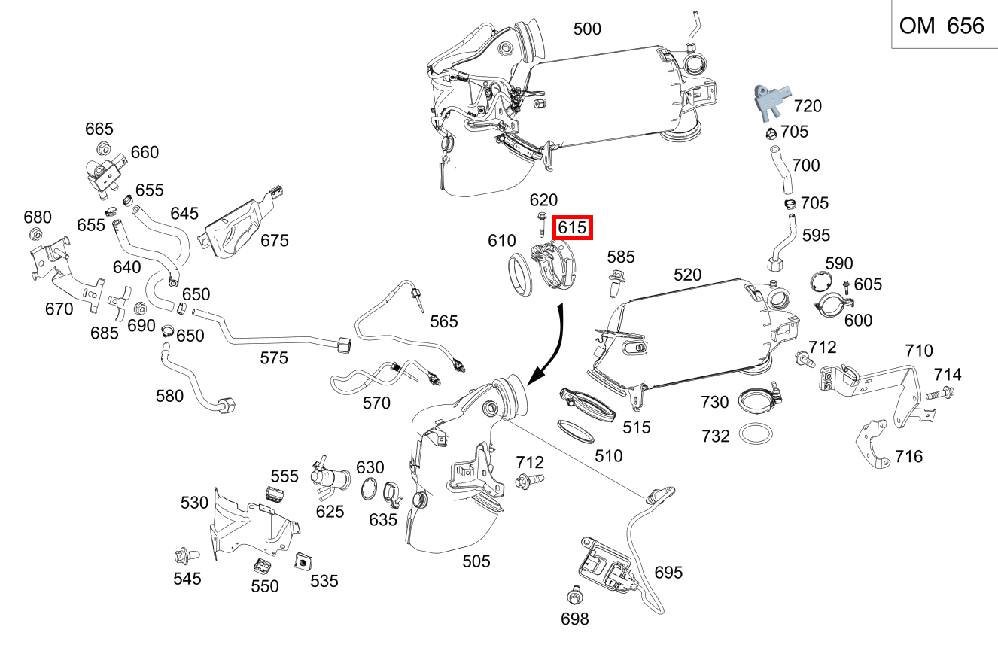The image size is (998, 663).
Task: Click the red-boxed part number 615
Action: point(572,227)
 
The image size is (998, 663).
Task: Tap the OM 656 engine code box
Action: point(942,26)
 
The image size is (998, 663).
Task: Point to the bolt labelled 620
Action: point(542,224)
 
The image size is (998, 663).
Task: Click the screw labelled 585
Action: point(617,284)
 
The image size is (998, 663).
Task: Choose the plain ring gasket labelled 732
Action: point(756,435)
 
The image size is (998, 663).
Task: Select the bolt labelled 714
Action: point(941,392)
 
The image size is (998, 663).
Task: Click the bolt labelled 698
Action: point(574,598)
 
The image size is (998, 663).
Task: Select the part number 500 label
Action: point(587,29)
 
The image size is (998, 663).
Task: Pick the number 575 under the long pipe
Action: point(274,358)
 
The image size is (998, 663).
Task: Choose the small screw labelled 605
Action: point(846,286)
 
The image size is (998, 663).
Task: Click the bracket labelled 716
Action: point(875,444)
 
